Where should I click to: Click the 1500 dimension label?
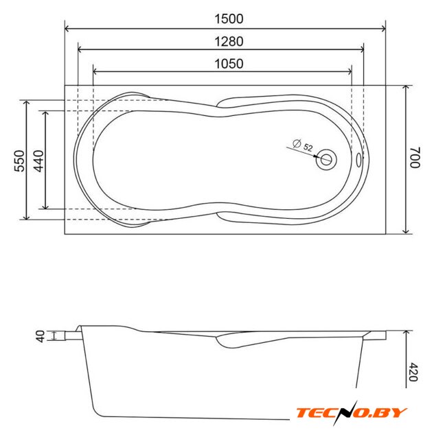[229, 19]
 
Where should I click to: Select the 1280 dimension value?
[229, 42]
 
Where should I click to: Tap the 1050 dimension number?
[229, 64]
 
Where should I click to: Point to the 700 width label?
[415, 157]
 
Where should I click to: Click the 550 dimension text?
[20, 161]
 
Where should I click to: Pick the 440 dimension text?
[38, 161]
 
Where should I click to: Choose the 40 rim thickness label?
[41, 336]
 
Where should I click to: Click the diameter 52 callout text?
[303, 145]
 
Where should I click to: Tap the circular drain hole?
[326, 160]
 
